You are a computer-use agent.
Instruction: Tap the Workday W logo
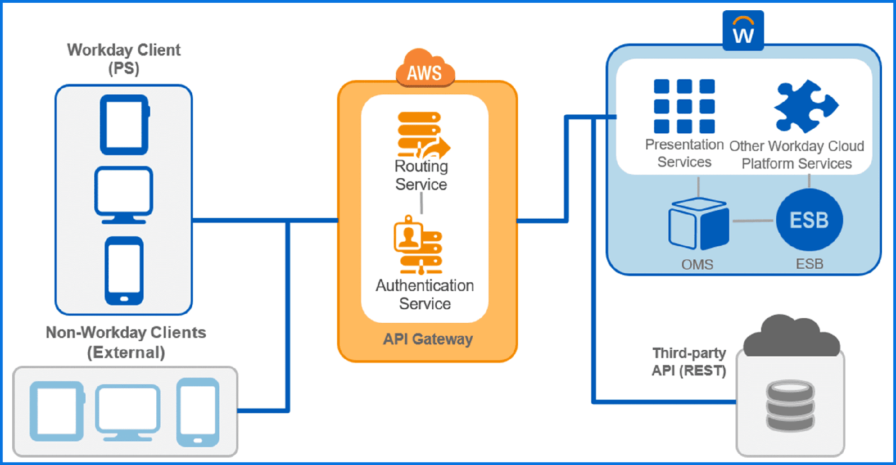(743, 31)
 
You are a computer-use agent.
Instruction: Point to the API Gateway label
(427, 339)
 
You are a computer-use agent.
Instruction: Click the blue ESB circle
(809, 220)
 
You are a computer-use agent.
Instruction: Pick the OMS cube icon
(698, 223)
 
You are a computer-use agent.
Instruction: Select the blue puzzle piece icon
(805, 106)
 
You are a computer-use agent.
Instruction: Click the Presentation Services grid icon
(684, 106)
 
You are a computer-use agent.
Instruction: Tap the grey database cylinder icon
(790, 405)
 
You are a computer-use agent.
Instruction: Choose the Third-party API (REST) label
(689, 361)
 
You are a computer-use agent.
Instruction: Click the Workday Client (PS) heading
(124, 59)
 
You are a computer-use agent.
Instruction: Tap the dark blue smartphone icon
(124, 271)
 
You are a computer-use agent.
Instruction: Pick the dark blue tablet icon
(124, 125)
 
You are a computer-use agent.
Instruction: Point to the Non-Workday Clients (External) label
(126, 342)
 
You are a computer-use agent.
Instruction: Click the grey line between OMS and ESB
(752, 221)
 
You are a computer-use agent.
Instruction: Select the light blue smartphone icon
(198, 412)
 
